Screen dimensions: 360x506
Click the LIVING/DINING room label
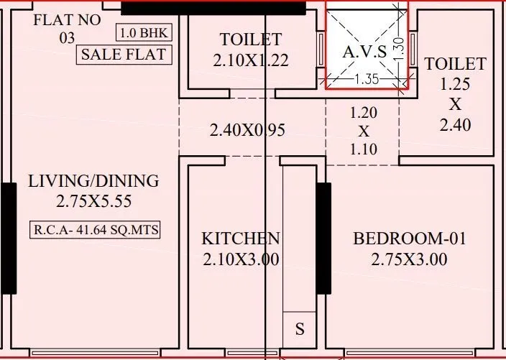coord(93,181)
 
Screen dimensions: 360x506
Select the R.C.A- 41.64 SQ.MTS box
coord(95,231)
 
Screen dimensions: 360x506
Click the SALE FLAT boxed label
coord(124,54)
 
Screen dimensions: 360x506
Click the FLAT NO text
coord(67,20)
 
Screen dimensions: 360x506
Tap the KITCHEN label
coord(240,239)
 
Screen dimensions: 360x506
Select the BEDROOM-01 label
coord(409,239)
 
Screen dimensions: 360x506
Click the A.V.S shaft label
coord(364,52)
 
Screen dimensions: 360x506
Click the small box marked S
coord(300,330)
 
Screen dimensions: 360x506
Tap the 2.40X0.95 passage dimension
coord(247,131)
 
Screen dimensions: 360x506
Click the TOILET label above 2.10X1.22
coord(251,40)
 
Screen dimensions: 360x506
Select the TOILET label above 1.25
coord(455,64)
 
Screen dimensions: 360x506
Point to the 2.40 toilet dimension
coord(455,125)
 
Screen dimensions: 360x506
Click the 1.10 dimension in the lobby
coord(363,149)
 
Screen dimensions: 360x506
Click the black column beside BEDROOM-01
coord(324,239)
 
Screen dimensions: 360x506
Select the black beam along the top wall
coord(213,8)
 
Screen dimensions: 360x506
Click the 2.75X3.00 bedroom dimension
coord(409,259)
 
